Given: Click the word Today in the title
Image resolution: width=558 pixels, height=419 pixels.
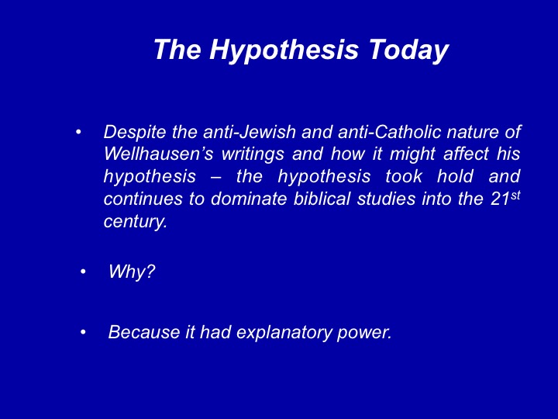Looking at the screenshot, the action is point(408,50).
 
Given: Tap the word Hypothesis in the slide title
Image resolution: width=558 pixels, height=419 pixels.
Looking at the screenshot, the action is point(284,50).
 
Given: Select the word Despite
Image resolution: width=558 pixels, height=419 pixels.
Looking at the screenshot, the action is point(135,133).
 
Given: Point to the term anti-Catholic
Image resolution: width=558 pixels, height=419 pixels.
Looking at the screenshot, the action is point(390,132).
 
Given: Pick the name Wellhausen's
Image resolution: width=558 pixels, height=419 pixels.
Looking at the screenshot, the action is point(159,154).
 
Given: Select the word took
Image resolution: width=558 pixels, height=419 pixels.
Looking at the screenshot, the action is point(404,176).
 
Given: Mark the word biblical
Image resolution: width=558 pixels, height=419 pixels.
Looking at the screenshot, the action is point(322,199).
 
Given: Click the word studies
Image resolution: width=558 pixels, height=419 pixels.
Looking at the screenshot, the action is point(386,199).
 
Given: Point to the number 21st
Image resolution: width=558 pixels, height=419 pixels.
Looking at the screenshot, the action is point(505,198).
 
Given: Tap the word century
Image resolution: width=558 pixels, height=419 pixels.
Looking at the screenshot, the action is point(135,222).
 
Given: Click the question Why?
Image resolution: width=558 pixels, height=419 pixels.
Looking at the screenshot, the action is point(132,272).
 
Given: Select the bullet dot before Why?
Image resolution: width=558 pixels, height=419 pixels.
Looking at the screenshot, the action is point(83,272).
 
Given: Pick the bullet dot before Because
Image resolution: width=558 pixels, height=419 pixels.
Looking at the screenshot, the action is point(83,332).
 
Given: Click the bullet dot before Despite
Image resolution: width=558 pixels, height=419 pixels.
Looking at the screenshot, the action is point(78,133).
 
